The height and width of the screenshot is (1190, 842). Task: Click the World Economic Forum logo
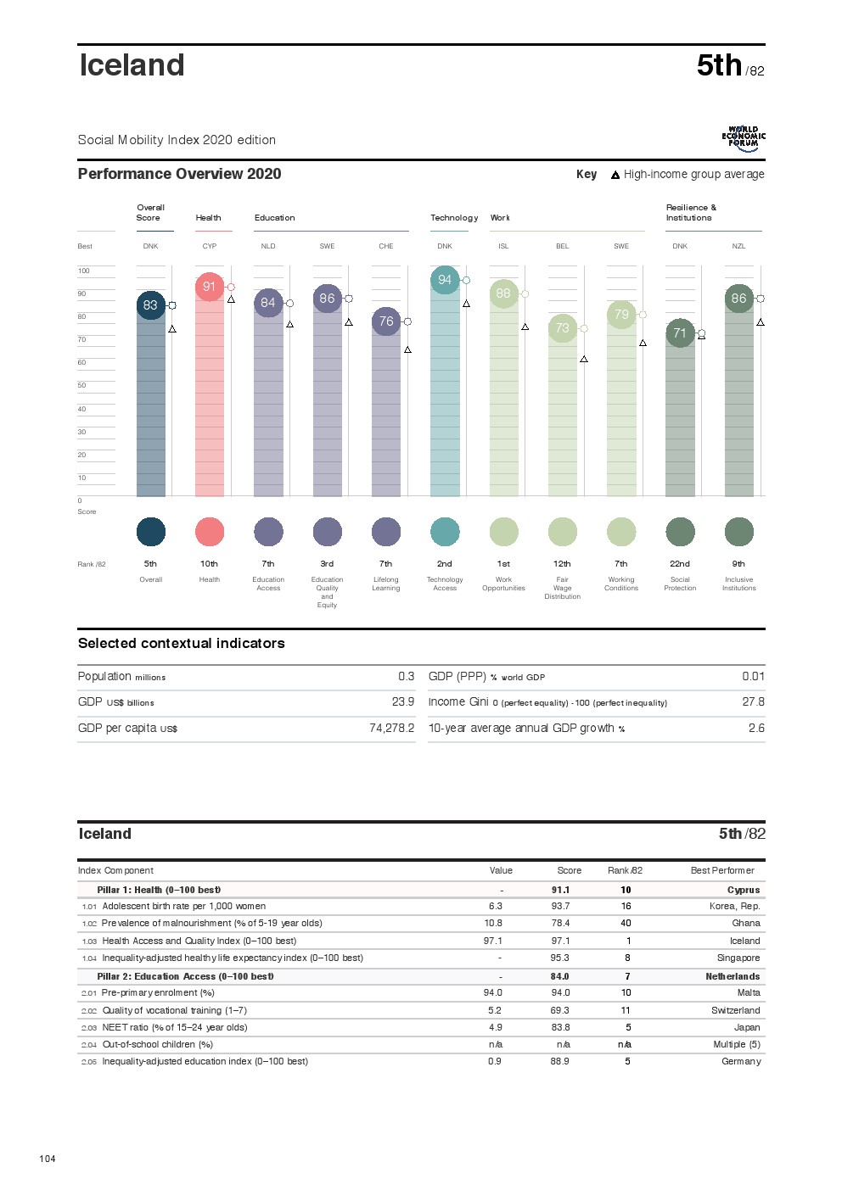click(744, 139)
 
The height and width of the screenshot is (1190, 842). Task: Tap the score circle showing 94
click(445, 280)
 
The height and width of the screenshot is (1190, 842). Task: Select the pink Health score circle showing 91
click(210, 287)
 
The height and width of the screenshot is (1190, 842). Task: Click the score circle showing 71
click(680, 333)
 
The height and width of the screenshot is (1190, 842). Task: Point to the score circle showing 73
click(563, 328)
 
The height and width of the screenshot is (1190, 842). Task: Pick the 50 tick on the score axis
click(82, 386)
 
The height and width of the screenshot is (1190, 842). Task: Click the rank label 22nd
click(680, 564)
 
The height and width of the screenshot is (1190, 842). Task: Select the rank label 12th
click(562, 564)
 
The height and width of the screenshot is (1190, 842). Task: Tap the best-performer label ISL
click(503, 247)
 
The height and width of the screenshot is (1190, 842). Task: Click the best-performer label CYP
click(210, 247)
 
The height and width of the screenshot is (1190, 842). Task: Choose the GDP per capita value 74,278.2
click(392, 728)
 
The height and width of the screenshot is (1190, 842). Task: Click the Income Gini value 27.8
click(753, 702)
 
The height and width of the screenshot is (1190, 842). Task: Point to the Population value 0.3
click(407, 677)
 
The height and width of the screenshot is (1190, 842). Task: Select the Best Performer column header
click(722, 871)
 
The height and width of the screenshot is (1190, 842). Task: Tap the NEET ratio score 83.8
click(560, 1028)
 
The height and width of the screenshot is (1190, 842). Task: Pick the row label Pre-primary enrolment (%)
click(158, 993)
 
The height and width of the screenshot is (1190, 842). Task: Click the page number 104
click(48, 1159)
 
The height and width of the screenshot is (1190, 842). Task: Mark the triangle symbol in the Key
click(615, 176)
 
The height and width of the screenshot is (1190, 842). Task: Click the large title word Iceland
click(132, 65)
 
